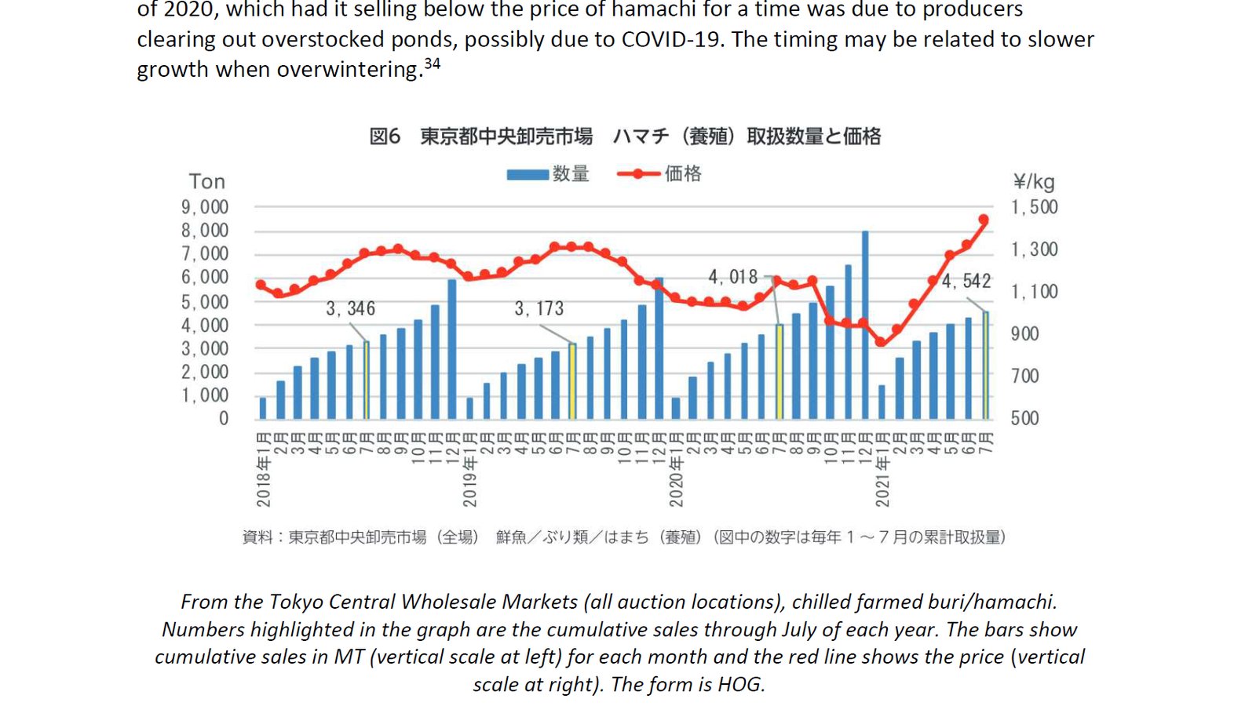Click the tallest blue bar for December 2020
[864, 325]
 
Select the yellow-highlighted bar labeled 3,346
[367, 380]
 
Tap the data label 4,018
[732, 277]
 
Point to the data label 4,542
[966, 281]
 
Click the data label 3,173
[539, 308]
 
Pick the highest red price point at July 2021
[984, 220]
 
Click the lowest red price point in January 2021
[881, 342]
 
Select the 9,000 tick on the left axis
[205, 207]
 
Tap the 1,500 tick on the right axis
[1034, 207]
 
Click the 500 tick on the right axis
[1024, 418]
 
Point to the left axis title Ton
[207, 182]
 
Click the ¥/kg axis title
[1034, 182]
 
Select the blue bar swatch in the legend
[528, 174]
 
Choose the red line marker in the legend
[638, 174]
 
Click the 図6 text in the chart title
[385, 136]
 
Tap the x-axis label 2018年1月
[264, 469]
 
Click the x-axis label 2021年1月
[882, 469]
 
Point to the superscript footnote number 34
[432, 64]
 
